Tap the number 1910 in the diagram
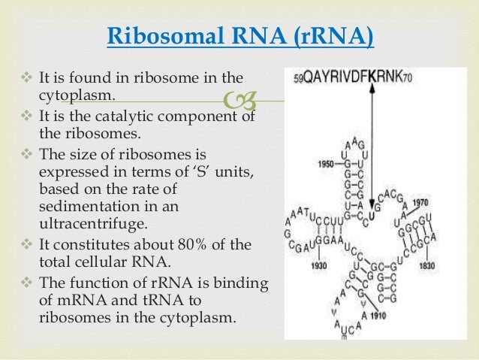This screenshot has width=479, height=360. (x=377, y=316)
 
